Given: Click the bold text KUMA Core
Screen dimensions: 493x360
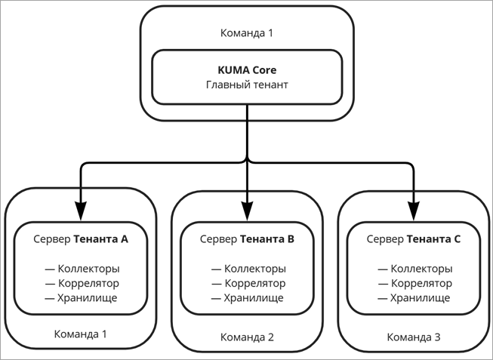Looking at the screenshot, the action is point(247,70).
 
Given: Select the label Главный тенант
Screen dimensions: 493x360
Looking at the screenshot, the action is point(247,85).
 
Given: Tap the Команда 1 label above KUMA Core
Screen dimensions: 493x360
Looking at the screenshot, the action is point(247,33).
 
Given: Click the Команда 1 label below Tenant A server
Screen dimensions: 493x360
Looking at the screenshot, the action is point(81,334).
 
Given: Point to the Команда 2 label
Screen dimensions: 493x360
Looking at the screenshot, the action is point(247,337).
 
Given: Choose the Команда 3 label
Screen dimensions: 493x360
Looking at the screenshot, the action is point(414,337).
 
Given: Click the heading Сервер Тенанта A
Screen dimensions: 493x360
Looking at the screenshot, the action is point(81,239).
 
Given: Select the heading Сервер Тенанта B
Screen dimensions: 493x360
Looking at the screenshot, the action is point(247,239).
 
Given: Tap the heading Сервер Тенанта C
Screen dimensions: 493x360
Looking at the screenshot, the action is point(414,239).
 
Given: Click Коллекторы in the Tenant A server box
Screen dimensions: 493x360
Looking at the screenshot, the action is point(88,269).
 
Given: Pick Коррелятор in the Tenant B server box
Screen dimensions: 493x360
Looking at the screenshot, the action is point(255,283).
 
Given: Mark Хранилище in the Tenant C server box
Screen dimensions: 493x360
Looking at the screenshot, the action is point(420,298).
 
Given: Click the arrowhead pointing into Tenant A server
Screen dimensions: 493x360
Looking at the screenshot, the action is point(81,211).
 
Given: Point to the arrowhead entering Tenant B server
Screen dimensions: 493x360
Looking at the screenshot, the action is point(247,211).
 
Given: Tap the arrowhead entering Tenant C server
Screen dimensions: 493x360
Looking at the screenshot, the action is point(414,211).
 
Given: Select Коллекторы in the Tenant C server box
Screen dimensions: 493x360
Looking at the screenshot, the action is point(421,269).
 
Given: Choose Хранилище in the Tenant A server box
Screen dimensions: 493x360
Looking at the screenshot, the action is point(87,298).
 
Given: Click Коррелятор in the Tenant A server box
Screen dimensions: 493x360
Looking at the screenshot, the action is point(88,283).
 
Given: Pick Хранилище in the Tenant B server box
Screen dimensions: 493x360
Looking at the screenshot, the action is point(254,298).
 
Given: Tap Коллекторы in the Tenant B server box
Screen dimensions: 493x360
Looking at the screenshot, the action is point(255,269).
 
